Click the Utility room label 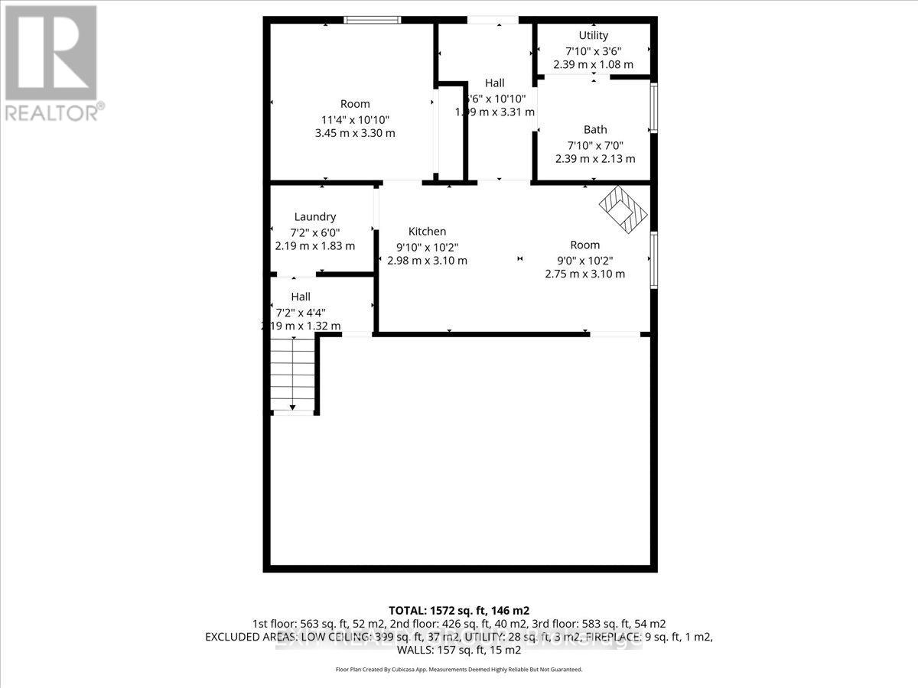(593, 35)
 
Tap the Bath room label (595, 130)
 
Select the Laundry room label (315, 217)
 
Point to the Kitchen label (427, 232)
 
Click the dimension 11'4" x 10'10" (355, 118)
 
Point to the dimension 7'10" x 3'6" (593, 50)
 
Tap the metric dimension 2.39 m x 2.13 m (595, 159)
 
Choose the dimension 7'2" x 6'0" (315, 232)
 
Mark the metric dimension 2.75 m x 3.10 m (584, 274)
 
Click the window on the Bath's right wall (653, 108)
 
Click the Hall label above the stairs (301, 297)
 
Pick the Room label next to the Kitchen (584, 245)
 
